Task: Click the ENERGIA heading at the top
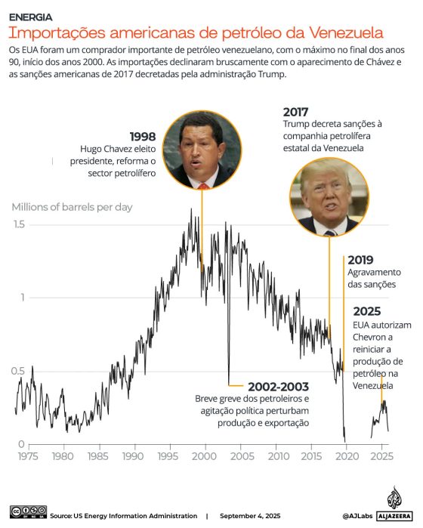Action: pyautogui.click(x=31, y=17)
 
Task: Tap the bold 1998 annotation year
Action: pyautogui.click(x=143, y=137)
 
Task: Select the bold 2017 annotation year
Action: pyautogui.click(x=296, y=112)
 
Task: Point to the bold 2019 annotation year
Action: pyautogui.click(x=360, y=258)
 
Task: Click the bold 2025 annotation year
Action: pyautogui.click(x=366, y=311)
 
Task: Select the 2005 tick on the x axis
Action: pyautogui.click(x=242, y=456)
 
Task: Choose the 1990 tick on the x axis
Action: pyautogui.click(x=134, y=456)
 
